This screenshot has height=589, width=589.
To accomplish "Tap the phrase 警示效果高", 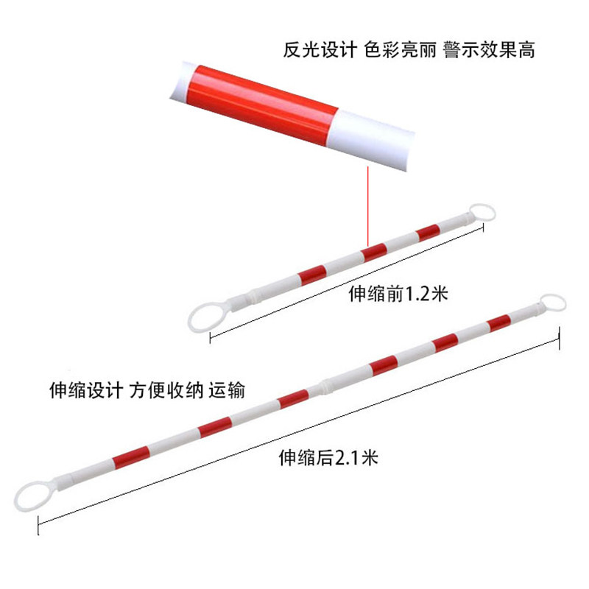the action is click(490, 50).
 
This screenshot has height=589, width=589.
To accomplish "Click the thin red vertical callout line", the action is click(367, 206).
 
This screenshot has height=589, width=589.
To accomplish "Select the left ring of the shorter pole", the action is click(203, 314).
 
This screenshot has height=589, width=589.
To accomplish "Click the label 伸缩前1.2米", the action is click(398, 295).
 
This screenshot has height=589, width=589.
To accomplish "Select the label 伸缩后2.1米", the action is click(328, 458).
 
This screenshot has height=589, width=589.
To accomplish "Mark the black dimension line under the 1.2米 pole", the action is click(346, 284).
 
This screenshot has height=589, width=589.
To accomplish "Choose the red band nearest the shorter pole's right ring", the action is click(427, 233).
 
